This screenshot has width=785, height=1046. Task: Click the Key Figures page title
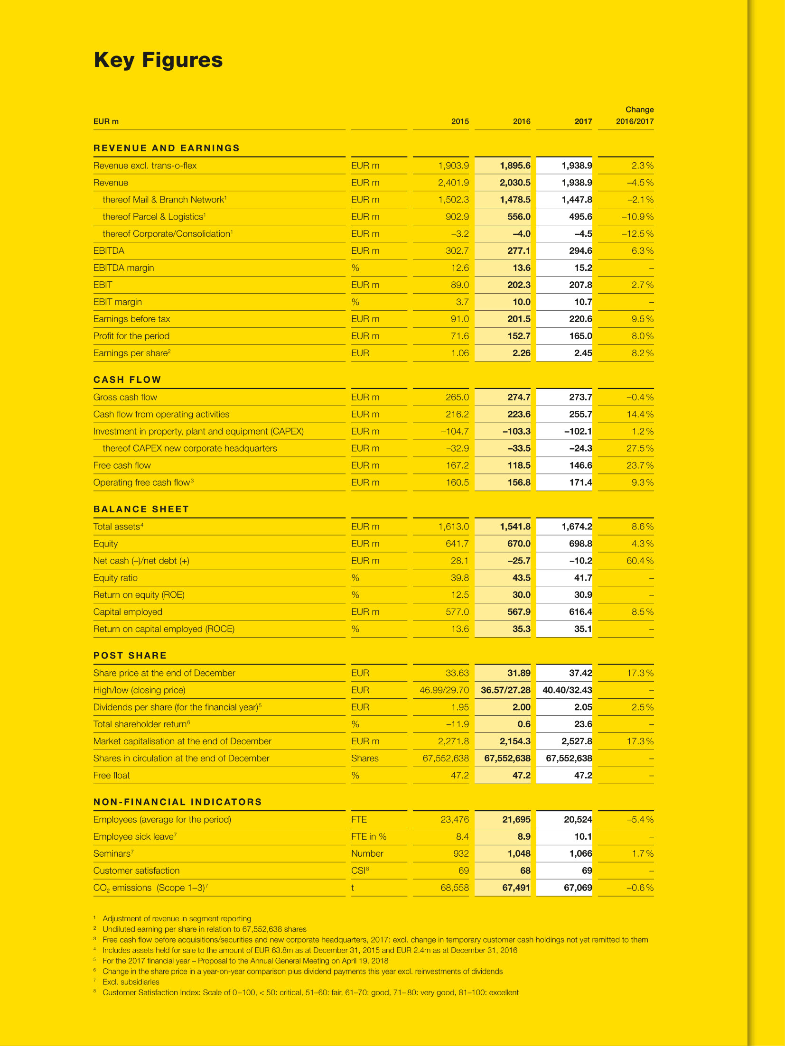[158, 60]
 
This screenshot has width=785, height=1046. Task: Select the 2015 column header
[459, 121]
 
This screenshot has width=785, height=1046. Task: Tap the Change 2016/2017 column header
[635, 116]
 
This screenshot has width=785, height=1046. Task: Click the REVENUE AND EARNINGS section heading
[167, 148]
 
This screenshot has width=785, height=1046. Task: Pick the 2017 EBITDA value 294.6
[580, 251]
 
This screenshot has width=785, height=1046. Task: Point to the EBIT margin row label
[118, 302]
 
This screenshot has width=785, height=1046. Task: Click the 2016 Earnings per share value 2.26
[521, 353]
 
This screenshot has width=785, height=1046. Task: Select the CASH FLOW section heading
[127, 380]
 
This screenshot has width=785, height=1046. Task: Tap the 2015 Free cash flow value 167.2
[457, 466]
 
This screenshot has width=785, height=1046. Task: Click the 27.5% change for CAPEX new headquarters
[639, 449]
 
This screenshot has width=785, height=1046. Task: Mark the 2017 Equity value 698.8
[580, 544]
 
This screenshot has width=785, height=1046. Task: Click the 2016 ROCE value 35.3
[521, 629]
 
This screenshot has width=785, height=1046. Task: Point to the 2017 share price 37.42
[580, 673]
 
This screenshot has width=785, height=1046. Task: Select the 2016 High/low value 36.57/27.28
[505, 690]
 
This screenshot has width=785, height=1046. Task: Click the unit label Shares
[364, 759]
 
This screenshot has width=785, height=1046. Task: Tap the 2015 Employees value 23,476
[454, 820]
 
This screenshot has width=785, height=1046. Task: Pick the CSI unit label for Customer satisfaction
[359, 871]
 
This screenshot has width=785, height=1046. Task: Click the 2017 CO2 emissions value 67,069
[578, 888]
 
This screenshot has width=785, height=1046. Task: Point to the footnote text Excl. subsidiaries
[131, 982]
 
